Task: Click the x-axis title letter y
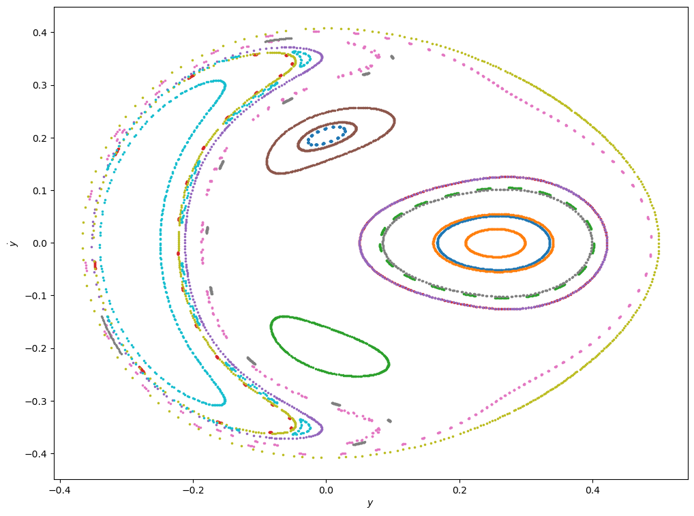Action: pyautogui.click(x=370, y=504)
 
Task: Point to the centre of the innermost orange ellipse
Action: pyautogui.click(x=495, y=243)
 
